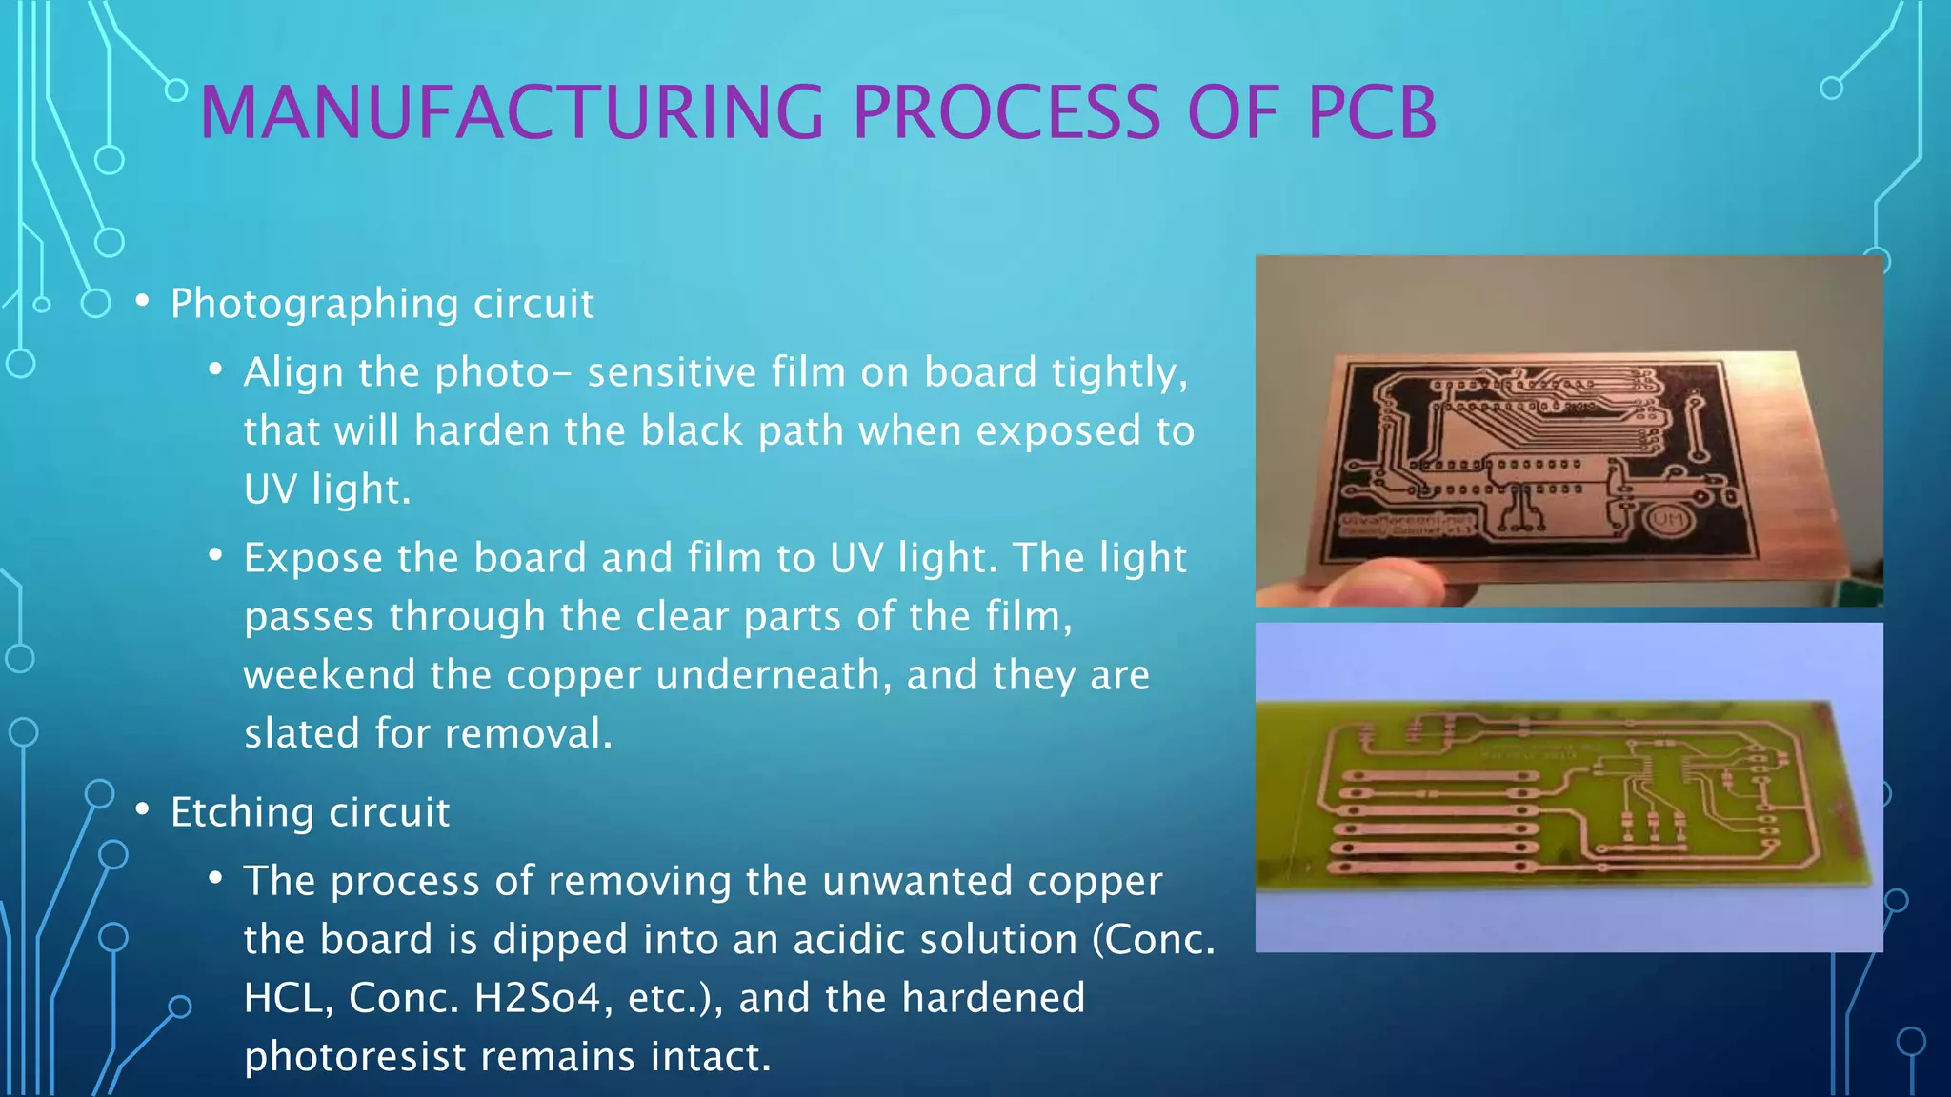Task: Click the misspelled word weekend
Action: pos(329,675)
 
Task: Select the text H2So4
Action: pos(538,998)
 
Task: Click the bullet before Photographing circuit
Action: pos(143,302)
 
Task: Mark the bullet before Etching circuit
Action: pos(143,810)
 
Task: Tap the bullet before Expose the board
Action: pos(216,555)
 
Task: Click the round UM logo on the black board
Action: pos(1667,520)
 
